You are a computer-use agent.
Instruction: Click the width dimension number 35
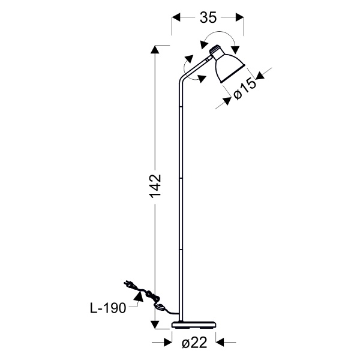(208, 18)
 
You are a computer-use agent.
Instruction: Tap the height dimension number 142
(155, 186)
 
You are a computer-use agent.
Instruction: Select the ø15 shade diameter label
(245, 89)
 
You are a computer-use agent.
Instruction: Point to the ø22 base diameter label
(194, 343)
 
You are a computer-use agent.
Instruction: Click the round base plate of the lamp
(194, 325)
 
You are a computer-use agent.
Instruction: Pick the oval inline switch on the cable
(161, 308)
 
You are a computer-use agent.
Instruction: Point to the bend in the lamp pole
(181, 80)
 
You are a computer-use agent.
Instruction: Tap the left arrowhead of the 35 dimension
(176, 18)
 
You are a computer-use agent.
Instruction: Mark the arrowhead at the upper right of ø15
(260, 76)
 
